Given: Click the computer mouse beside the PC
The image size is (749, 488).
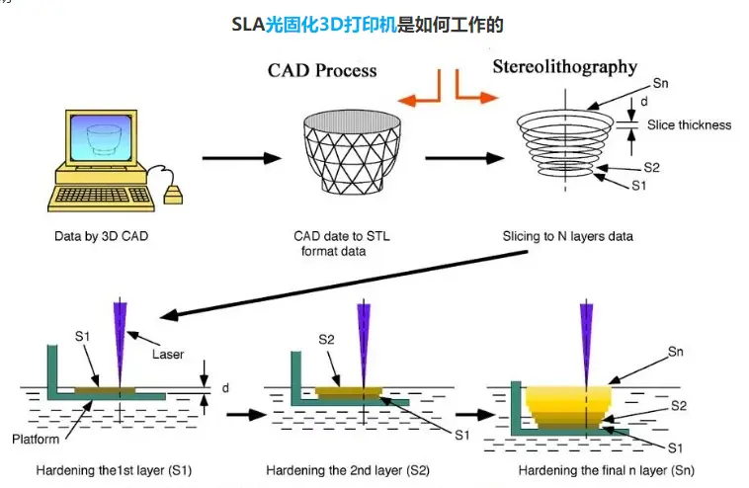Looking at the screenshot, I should [172, 193].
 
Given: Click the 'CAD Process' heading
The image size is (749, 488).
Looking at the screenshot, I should [322, 71].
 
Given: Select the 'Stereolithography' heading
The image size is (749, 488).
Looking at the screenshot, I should [564, 67].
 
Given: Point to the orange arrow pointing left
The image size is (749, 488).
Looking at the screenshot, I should [420, 96].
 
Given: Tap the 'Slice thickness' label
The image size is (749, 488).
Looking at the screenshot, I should [689, 125].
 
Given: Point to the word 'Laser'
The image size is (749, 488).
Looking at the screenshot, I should [168, 353].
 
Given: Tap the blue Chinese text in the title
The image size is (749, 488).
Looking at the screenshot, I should [330, 25].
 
